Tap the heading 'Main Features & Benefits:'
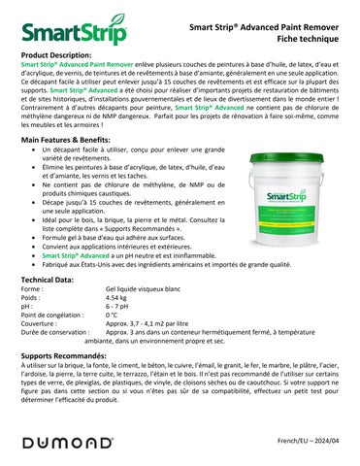tap(67, 141)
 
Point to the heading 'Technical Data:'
tap(49, 279)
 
